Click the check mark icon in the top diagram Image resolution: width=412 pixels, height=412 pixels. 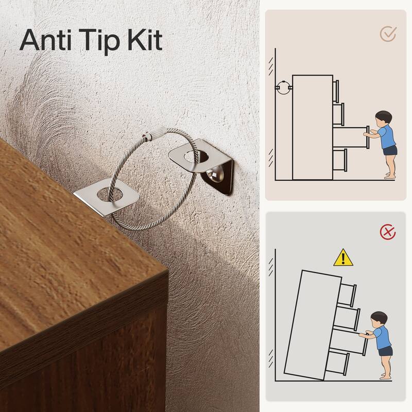tap(388, 33)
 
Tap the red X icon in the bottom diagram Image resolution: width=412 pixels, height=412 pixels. tap(388, 232)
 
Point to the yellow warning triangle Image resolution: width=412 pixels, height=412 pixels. tap(343, 257)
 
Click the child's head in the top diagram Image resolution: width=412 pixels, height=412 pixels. tap(383, 119)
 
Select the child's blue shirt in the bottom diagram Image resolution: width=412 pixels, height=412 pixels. tap(382, 338)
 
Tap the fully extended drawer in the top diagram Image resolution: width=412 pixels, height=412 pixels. tap(351, 137)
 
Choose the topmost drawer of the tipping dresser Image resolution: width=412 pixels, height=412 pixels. tap(348, 294)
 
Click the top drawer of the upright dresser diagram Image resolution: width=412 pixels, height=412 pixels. tap(336, 91)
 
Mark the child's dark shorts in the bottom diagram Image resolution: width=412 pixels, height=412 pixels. tap(385, 351)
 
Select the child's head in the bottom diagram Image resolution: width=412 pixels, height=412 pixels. tap(379, 319)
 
